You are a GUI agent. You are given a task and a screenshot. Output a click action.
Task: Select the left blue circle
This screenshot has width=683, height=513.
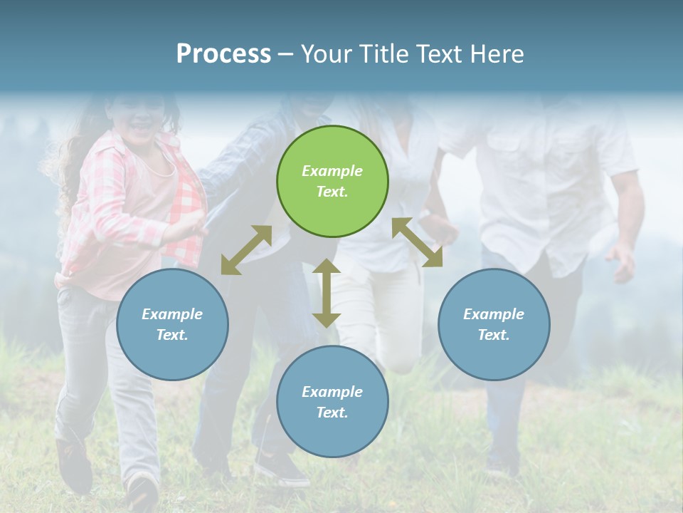(172, 324)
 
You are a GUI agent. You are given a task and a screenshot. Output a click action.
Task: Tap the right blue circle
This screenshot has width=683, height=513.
(493, 324)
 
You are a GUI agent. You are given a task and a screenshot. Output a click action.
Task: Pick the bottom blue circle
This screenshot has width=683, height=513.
(332, 401)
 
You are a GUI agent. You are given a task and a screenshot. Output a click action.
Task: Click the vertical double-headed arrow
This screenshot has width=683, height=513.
(326, 293)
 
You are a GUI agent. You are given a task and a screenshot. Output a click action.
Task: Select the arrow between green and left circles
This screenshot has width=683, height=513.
(246, 250)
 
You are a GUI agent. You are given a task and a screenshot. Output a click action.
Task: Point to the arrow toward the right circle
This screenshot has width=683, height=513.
(418, 242)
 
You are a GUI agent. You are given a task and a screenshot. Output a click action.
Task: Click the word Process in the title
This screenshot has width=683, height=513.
(223, 53)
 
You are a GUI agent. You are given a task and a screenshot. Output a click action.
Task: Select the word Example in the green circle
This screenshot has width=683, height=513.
(332, 171)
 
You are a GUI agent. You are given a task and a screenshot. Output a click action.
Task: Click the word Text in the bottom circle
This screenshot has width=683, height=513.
(332, 413)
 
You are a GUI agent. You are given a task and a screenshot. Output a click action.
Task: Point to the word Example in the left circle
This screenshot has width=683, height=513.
(172, 314)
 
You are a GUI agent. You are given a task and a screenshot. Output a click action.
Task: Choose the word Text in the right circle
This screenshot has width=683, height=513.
(493, 335)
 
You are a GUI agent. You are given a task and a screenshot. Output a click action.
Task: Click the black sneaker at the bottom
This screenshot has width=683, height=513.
(281, 468)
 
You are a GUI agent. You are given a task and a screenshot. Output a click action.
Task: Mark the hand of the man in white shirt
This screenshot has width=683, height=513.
(622, 261)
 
